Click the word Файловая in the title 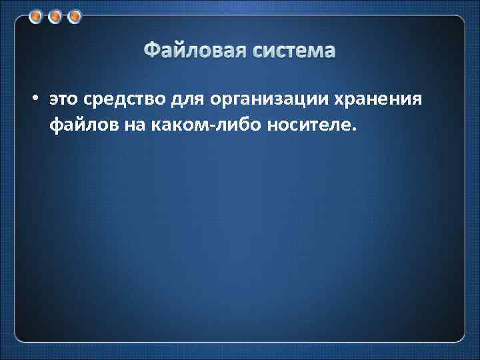tap(194, 51)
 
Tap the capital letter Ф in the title tap(152, 51)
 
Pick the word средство tap(118, 99)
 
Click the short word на tap(132, 123)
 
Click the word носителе tap(307, 123)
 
